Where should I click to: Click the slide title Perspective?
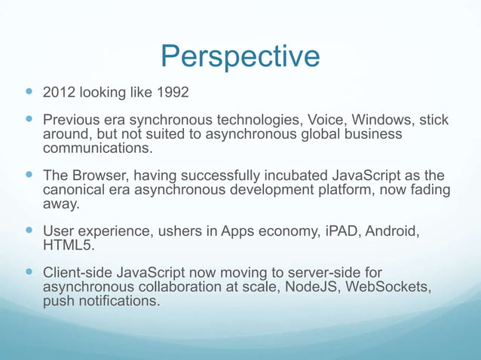[x=240, y=56]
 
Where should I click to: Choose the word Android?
[x=392, y=231]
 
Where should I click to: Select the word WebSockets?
[x=388, y=287]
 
